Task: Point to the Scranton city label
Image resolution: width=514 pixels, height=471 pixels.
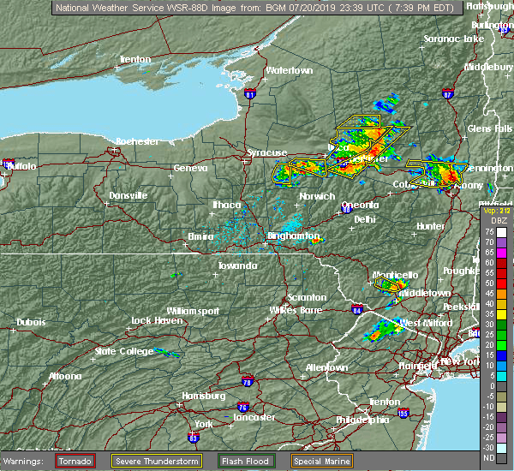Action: click(308, 297)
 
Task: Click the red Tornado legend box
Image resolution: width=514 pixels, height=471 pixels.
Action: click(75, 461)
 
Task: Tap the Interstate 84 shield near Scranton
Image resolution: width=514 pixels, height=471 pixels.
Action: click(357, 309)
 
